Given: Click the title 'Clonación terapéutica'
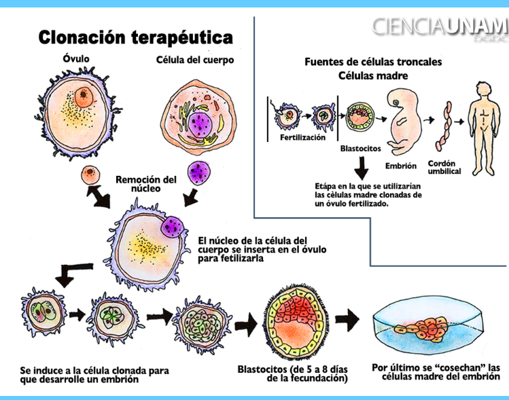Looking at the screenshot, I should (x=135, y=37).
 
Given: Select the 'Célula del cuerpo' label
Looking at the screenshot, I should (x=195, y=60).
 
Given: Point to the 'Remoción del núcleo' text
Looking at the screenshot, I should (x=146, y=183).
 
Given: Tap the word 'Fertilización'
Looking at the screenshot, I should (x=302, y=137).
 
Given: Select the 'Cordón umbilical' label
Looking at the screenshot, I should (x=445, y=167).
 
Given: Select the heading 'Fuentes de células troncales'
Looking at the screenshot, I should (x=373, y=62).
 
